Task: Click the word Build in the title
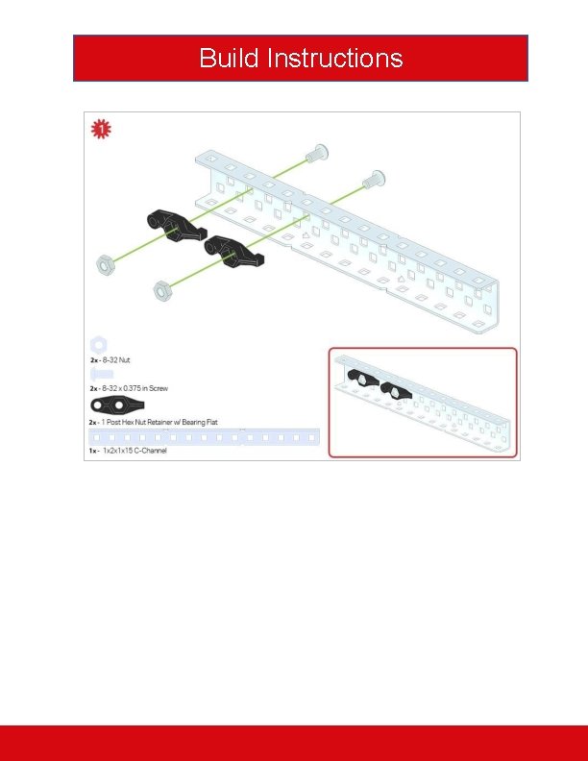pyautogui.click(x=229, y=58)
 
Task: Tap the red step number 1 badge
pyautogui.click(x=99, y=129)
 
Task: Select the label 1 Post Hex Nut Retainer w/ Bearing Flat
pyautogui.click(x=159, y=422)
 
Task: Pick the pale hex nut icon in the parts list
pyautogui.click(x=98, y=344)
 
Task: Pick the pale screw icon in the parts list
pyautogui.click(x=101, y=375)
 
